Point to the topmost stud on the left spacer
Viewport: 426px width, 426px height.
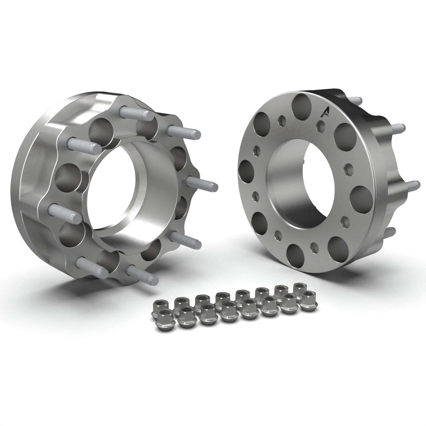[x=136, y=113]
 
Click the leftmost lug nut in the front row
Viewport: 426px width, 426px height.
[x=160, y=319]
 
